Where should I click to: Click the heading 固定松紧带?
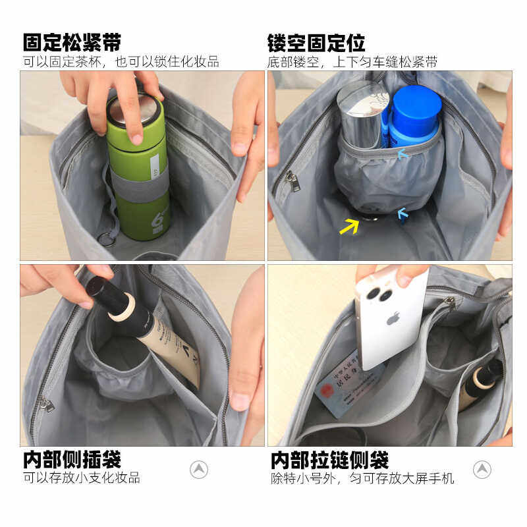point(72,43)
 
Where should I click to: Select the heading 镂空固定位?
point(316,43)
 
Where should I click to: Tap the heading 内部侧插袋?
point(72,459)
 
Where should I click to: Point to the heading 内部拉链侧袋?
point(329,459)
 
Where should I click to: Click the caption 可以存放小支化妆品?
point(82,478)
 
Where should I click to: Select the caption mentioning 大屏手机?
point(362,478)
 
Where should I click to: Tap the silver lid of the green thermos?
point(134,107)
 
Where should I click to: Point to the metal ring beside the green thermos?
point(106,238)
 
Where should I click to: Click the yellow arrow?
point(349,226)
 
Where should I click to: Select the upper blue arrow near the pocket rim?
point(403,153)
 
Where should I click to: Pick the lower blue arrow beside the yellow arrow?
point(402,213)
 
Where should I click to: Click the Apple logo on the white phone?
point(393,319)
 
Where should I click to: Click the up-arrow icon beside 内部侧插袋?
point(199,469)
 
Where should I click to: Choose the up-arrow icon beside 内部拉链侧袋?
point(482,469)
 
